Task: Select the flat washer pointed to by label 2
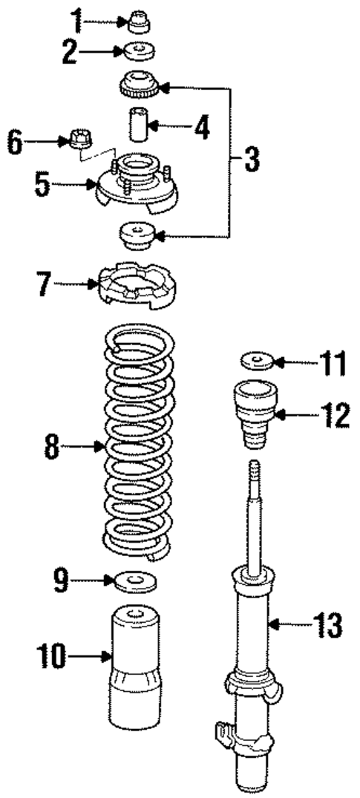[137, 53]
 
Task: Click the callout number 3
[252, 159]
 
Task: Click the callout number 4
[200, 125]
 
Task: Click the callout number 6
[14, 143]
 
